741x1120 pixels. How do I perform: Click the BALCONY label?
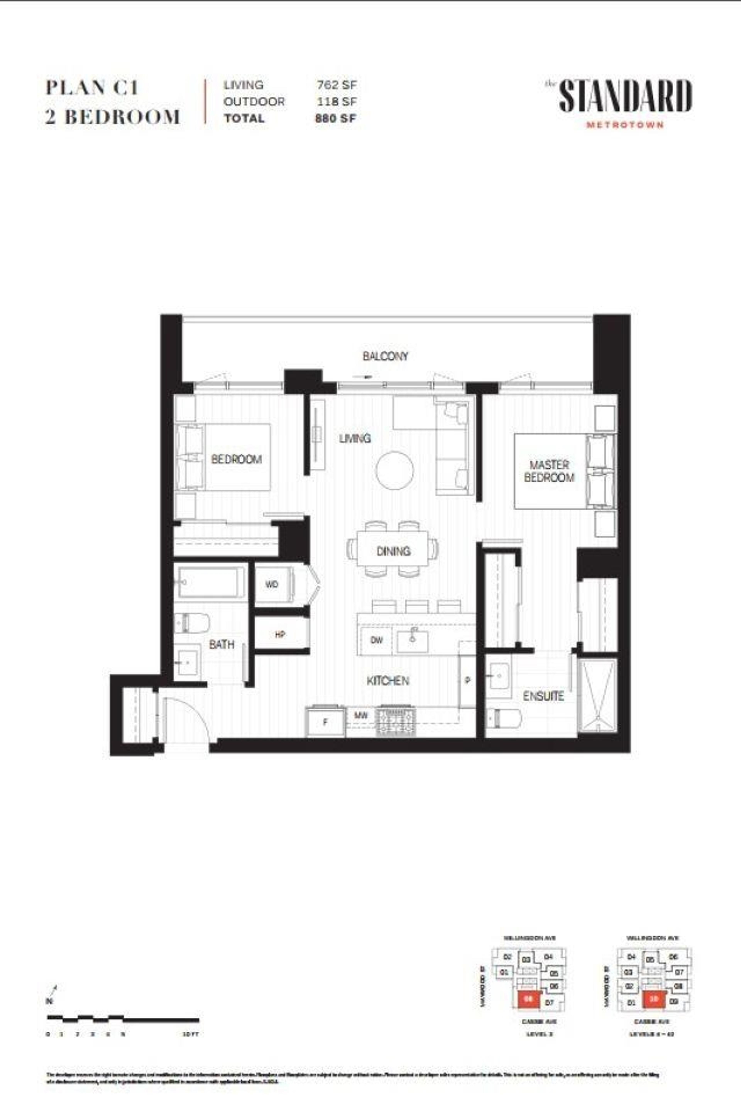coord(385,356)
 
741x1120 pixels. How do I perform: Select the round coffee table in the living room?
coord(395,470)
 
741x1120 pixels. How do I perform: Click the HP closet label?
coord(280,635)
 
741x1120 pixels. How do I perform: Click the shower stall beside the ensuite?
coord(598,696)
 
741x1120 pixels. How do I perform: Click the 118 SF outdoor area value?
coord(337,102)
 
